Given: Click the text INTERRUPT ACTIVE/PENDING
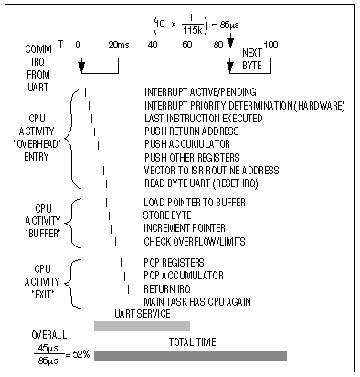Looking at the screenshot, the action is (200, 92).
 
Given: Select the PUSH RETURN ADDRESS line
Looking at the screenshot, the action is (192, 131).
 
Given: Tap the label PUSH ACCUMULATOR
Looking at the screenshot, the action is (187, 144).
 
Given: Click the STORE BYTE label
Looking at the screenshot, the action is (169, 215).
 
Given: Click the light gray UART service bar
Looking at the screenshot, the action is (142, 326).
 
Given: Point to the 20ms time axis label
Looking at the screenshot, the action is (118, 43).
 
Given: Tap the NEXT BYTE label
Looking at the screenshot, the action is (250, 58).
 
